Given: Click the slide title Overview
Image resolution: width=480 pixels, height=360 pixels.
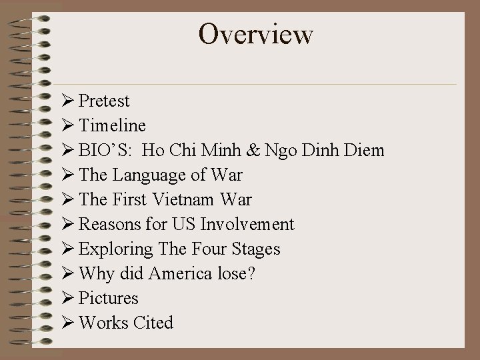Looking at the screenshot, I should (x=255, y=34).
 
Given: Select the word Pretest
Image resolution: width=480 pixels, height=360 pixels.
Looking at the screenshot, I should (x=104, y=101).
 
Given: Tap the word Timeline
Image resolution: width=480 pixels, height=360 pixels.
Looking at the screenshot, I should (x=112, y=126).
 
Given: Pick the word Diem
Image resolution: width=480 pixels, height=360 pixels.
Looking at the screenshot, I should (x=365, y=151).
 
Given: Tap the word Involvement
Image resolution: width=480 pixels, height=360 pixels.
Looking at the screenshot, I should (x=253, y=224).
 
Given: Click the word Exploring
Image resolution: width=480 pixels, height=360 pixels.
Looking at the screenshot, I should (x=116, y=249).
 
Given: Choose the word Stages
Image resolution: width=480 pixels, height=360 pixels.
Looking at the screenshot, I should (x=256, y=249).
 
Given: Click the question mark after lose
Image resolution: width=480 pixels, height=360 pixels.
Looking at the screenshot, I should (x=252, y=273).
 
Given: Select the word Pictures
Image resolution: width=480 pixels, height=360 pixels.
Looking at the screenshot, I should (x=109, y=298).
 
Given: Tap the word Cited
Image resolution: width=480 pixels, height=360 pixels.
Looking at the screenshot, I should (x=153, y=323).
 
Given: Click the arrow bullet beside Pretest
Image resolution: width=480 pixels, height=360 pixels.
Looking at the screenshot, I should (x=67, y=101).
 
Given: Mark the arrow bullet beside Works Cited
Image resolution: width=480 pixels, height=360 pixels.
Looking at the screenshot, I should (x=67, y=323).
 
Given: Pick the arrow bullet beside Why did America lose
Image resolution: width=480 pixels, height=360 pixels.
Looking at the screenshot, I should (x=67, y=273).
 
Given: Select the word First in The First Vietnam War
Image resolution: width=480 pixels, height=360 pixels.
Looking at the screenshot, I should (x=131, y=199).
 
